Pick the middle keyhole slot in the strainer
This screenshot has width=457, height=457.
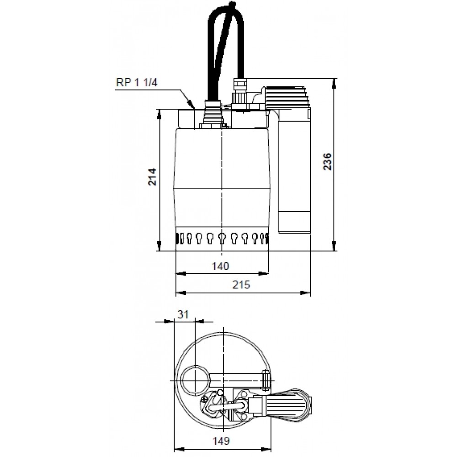pos(222,238)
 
